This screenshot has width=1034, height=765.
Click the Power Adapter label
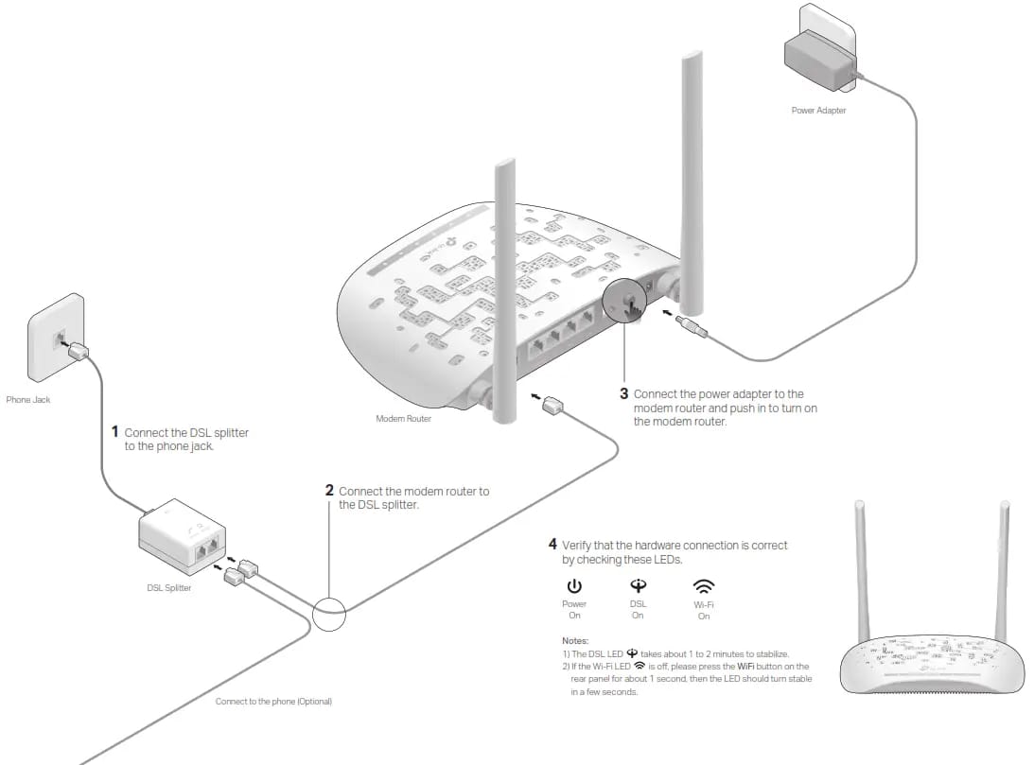[x=818, y=111]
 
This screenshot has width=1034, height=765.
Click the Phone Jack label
[x=28, y=400]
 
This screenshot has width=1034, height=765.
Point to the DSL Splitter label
[x=168, y=588]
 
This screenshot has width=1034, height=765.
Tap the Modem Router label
[x=403, y=418]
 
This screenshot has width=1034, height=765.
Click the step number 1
[x=115, y=431]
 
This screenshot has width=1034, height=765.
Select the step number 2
[x=329, y=491]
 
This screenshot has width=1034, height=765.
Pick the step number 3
[x=623, y=393]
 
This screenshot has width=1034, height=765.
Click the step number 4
[x=552, y=545]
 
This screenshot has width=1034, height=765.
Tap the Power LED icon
[x=574, y=586]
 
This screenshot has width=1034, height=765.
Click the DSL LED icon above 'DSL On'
[x=638, y=585]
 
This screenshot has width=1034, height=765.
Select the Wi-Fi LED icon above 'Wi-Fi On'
[x=704, y=585]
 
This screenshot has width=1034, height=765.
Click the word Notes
[x=574, y=641]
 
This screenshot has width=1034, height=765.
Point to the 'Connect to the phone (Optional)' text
[x=273, y=702]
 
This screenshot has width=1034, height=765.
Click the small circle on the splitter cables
[x=330, y=613]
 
